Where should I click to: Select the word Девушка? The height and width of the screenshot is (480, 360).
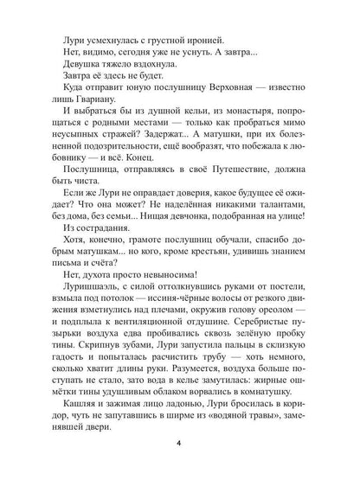click(x=84, y=75)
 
